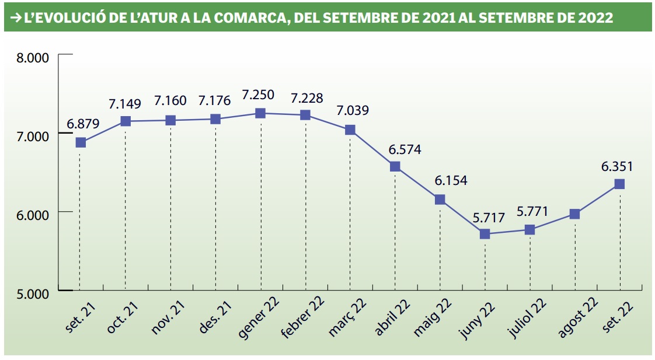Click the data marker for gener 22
[x=260, y=113]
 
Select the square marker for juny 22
[x=485, y=234]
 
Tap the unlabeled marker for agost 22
[x=574, y=214]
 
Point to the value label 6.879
[x=83, y=124]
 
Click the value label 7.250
[x=262, y=95]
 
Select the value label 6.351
[x=617, y=166]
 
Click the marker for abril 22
[x=395, y=166]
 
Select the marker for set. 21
[x=81, y=142]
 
